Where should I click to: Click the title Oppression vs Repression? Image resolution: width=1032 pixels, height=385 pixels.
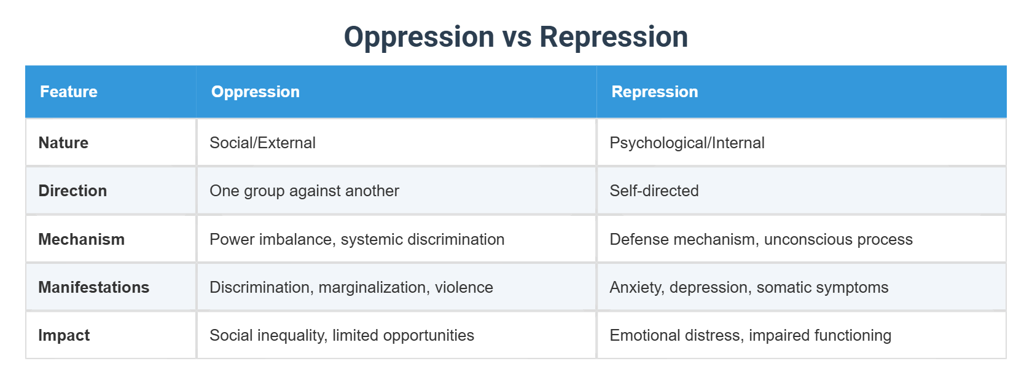click(515, 37)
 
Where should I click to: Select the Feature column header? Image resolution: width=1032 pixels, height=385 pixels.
click(69, 92)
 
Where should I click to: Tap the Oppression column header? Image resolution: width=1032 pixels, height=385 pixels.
click(256, 92)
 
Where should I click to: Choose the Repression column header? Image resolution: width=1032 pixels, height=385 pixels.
click(655, 92)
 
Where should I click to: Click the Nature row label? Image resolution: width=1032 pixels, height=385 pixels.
click(63, 143)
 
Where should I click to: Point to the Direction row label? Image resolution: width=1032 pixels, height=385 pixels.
click(72, 191)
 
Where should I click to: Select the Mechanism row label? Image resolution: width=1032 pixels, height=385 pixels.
click(81, 239)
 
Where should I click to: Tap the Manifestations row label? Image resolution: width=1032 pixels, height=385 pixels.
click(93, 287)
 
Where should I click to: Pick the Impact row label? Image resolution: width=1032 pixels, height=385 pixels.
click(64, 335)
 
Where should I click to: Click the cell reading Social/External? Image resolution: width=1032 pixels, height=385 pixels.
click(262, 143)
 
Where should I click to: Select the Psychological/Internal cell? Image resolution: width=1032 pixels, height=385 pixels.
click(687, 143)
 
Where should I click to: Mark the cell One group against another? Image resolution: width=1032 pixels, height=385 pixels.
click(304, 191)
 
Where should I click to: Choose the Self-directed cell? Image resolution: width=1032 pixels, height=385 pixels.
click(654, 191)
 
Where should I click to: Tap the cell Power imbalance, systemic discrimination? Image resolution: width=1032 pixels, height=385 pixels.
click(357, 239)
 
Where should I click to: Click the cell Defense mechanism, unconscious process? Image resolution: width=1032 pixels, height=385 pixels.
click(760, 239)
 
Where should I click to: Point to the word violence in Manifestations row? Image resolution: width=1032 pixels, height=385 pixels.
click(464, 287)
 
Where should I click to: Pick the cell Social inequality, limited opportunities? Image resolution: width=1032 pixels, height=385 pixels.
click(342, 335)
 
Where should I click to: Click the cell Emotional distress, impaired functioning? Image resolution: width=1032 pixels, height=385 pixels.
click(750, 335)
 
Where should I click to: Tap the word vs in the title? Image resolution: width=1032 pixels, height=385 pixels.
click(517, 37)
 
